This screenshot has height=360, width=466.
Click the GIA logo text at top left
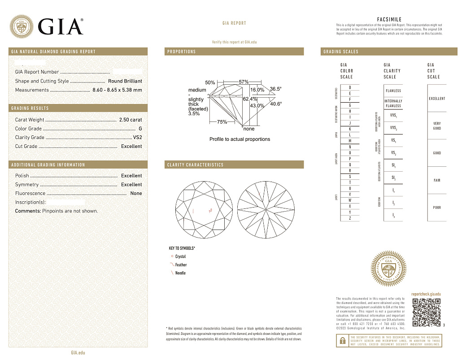click(x=61, y=26)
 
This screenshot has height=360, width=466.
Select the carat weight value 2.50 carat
click(x=130, y=120)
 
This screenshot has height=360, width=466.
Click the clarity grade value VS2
click(x=137, y=137)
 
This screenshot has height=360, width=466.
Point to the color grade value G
click(x=140, y=129)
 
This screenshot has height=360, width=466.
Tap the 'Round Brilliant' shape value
click(x=125, y=81)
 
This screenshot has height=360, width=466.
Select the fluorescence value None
click(x=136, y=193)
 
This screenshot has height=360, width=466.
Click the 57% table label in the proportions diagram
click(x=244, y=82)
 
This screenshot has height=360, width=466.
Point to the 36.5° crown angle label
click(x=276, y=89)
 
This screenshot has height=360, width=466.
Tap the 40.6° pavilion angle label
click(x=276, y=104)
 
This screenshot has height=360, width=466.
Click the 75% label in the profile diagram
click(x=222, y=122)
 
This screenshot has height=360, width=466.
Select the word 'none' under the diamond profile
click(x=249, y=129)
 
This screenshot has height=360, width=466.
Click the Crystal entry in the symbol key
click(x=180, y=256)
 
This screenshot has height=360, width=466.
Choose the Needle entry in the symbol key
click(x=180, y=273)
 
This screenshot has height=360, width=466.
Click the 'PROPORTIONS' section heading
click(x=182, y=52)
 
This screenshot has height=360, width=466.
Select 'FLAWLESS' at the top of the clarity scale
click(x=393, y=91)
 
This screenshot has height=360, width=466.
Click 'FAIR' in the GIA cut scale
click(x=437, y=180)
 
